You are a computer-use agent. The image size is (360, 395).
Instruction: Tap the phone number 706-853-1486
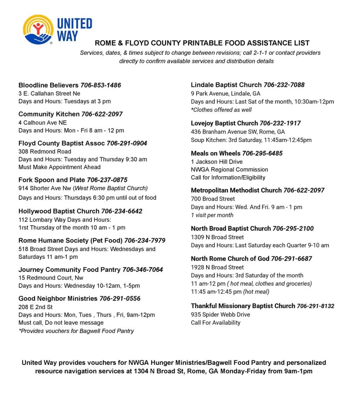click(101, 85)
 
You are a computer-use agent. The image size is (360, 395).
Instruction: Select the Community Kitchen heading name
click(49, 114)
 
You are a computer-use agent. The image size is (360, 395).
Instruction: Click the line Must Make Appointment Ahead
click(59, 167)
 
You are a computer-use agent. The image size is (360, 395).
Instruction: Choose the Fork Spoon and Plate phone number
click(107, 180)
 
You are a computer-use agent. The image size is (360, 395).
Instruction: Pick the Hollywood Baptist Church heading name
click(59, 211)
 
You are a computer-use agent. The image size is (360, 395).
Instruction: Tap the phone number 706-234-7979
click(145, 241)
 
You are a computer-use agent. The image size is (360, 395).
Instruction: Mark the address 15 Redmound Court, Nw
click(51, 278)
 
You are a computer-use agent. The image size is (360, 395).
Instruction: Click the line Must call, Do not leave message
click(61, 322)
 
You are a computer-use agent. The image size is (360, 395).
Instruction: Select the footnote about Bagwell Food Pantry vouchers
click(76, 331)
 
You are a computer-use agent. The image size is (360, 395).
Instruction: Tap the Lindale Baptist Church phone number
click(284, 85)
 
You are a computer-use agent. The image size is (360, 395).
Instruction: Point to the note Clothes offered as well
click(221, 110)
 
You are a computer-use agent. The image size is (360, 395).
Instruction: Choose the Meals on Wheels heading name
click(215, 154)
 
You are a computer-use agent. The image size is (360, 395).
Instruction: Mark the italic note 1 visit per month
click(212, 215)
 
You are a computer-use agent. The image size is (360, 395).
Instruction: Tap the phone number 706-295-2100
click(293, 229)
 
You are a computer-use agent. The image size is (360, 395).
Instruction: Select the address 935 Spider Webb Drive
click(220, 314)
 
